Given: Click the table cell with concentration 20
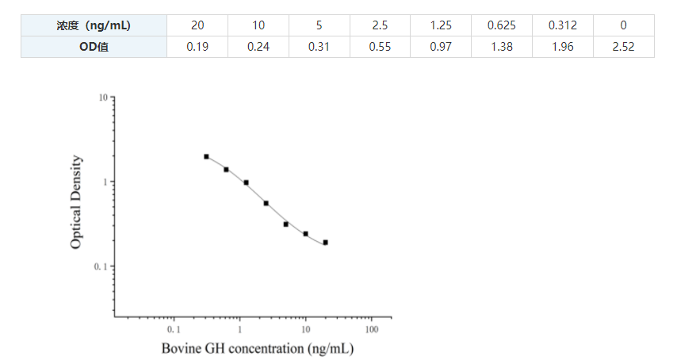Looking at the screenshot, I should click(x=197, y=25).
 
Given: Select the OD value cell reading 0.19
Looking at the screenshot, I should click(x=197, y=47).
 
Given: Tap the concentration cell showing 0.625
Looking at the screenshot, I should click(x=502, y=25).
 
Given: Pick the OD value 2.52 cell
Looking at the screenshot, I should click(x=624, y=47).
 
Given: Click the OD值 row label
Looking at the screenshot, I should click(x=94, y=47).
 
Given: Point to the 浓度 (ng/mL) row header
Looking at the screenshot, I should click(x=94, y=25).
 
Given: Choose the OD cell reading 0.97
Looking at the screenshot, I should click(x=441, y=47).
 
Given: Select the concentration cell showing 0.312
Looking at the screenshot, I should click(x=563, y=25).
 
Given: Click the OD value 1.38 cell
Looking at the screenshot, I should click(x=502, y=47).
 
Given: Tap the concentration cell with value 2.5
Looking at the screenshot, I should click(x=380, y=25).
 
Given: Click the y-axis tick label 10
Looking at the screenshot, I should click(x=103, y=98).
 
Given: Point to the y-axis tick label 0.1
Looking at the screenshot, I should click(x=100, y=266).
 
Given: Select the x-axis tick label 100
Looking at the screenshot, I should click(x=371, y=328).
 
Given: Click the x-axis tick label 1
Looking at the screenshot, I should click(x=239, y=328).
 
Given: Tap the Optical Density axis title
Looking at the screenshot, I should click(x=76, y=202).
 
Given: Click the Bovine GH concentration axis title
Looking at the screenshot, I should click(x=257, y=348).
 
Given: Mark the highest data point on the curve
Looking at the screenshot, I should click(x=206, y=157).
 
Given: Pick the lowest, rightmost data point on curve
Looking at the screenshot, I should click(x=325, y=243).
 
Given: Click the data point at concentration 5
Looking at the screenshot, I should click(x=285, y=224).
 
